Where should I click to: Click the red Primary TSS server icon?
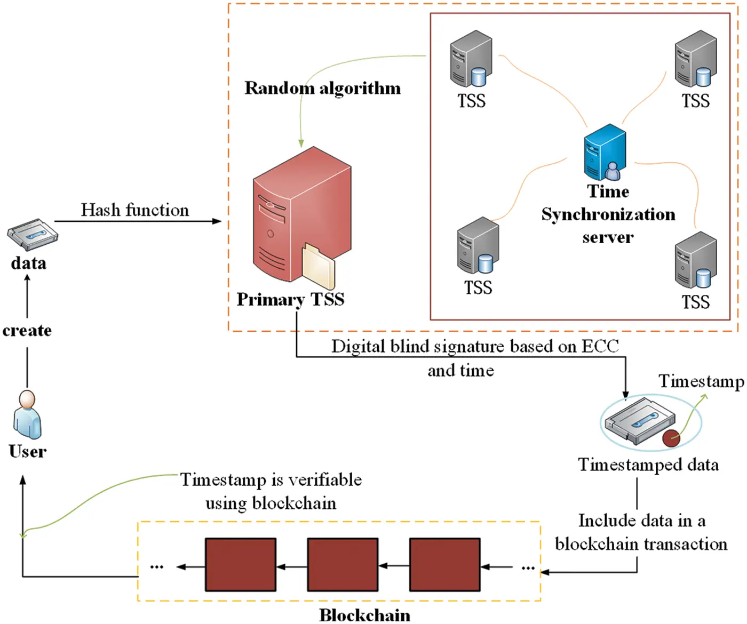tap(299, 213)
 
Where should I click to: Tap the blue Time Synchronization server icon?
tap(605, 153)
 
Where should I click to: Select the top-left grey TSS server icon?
tap(471, 59)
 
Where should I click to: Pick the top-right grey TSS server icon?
tap(695, 59)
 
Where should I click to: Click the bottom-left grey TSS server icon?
tap(478, 245)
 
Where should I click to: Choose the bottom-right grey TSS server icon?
tap(695, 260)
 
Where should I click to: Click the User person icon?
tap(27, 415)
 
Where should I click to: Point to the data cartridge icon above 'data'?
tap(32, 234)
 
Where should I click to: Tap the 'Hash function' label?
tap(134, 210)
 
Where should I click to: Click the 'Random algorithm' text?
tap(322, 88)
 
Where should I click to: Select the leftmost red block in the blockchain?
tap(241, 564)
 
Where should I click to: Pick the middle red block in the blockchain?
tap(343, 564)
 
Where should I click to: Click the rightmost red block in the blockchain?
tap(444, 564)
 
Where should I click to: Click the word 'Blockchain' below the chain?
tap(365, 615)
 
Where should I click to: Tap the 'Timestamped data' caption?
tap(648, 465)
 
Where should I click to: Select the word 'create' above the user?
tap(27, 331)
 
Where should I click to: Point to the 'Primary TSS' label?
tap(290, 299)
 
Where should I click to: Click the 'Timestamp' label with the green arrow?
tap(701, 381)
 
